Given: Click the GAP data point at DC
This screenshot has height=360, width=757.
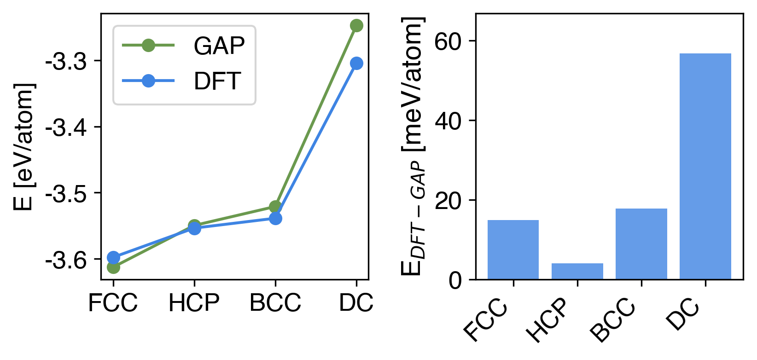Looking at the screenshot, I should tap(356, 25).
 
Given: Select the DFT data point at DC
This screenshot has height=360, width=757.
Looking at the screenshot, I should tap(356, 63).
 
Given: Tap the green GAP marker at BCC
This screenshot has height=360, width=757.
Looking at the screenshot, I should tap(275, 207).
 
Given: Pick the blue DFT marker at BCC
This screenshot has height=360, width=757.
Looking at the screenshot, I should tap(275, 218).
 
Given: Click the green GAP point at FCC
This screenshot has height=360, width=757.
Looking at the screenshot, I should tap(113, 267).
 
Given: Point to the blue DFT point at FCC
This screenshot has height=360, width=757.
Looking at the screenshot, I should tap(113, 257).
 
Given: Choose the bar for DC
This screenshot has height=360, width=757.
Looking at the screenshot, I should tap(705, 166).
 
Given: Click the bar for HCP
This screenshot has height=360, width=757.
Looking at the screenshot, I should tap(577, 271).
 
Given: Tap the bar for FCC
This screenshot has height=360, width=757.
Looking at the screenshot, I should tap(513, 250).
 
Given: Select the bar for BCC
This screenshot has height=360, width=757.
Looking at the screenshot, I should tap(641, 244).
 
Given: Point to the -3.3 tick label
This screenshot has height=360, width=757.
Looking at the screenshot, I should tap(66, 62).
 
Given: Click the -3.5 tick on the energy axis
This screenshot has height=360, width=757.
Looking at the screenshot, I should tap(66, 194).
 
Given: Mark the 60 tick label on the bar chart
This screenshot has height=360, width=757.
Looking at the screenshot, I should tap(448, 42).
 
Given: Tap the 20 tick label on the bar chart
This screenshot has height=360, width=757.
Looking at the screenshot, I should tap(448, 201).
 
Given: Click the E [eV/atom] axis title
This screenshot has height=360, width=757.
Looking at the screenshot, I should tap(24, 147).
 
